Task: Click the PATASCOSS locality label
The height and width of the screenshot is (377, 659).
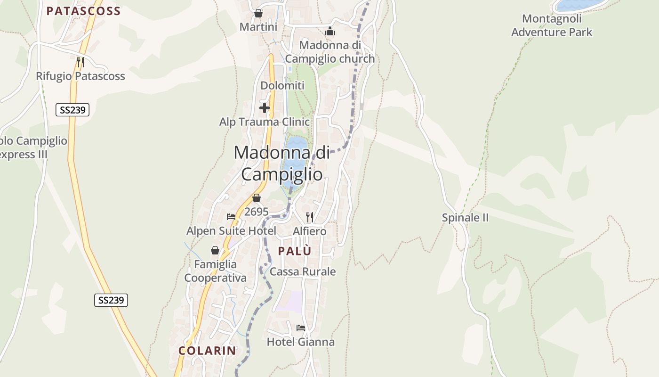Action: point(83,11)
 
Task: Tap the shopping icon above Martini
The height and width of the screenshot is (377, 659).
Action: point(258,13)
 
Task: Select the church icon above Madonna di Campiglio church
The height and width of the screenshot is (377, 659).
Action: point(330,32)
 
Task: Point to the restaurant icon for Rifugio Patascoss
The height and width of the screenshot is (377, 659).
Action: point(80,62)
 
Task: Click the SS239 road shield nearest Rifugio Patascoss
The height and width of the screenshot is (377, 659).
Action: point(72,110)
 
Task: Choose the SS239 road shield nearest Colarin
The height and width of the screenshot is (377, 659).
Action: point(111,300)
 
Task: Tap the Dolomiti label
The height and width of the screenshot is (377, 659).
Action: point(282,86)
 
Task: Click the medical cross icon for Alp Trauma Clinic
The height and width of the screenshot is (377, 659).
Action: point(265,108)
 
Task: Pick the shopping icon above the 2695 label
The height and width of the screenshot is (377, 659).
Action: point(256,198)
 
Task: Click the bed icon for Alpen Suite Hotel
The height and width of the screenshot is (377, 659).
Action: point(231,217)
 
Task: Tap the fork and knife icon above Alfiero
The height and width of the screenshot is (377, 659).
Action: point(309,217)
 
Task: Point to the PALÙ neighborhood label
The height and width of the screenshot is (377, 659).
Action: point(295,251)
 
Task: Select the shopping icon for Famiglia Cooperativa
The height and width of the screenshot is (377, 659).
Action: point(215,250)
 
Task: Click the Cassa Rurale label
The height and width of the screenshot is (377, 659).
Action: point(303,271)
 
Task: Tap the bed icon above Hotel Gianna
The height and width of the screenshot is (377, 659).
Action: point(301,328)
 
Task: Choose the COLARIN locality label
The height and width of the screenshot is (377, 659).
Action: point(207,351)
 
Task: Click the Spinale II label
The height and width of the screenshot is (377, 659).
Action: point(465,218)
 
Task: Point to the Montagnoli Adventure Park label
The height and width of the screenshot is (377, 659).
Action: point(552,25)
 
